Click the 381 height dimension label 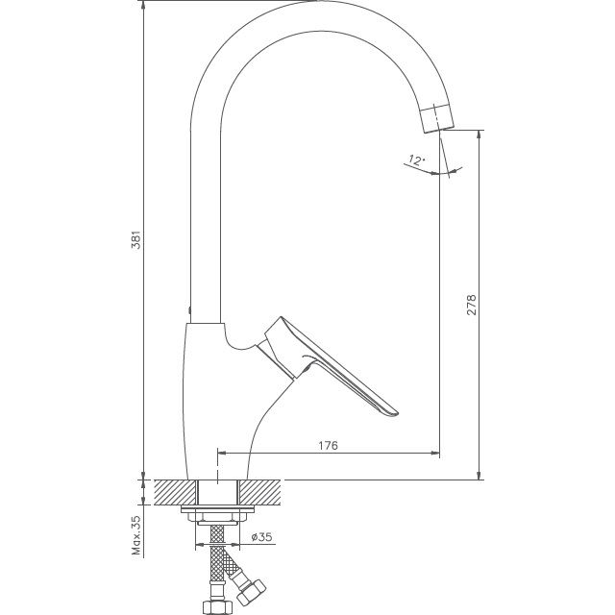point(136,240)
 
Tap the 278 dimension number point(472,305)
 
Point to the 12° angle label point(415,160)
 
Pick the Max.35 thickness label point(136,536)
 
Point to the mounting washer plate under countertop point(217,516)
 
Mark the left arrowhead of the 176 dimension point(223,453)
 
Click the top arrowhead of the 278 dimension point(479,135)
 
